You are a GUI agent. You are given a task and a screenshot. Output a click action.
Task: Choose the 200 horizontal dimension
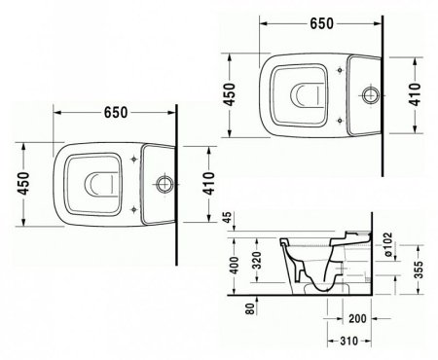click(x=357, y=318)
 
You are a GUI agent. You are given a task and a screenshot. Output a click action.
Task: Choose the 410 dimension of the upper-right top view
click(x=416, y=93)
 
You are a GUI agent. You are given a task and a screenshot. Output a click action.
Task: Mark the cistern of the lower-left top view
click(x=155, y=182)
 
